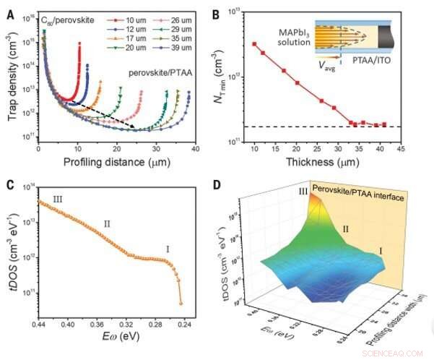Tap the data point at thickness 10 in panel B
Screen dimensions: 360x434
(x=254, y=44)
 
